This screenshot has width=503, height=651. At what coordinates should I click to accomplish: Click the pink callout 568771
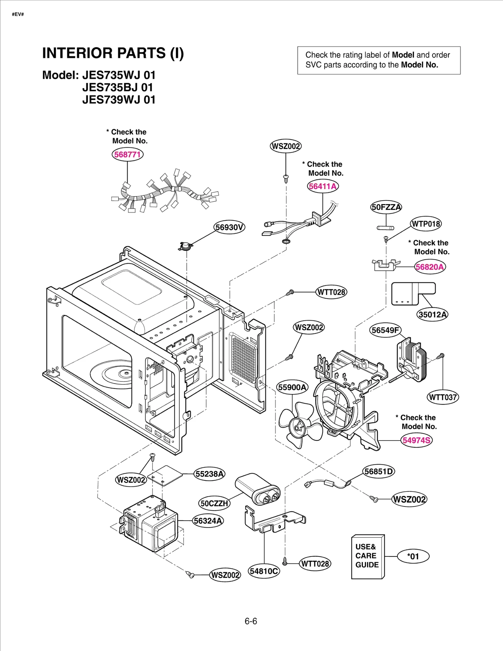click(127, 155)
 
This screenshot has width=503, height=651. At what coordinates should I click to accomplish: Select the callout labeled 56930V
click(229, 227)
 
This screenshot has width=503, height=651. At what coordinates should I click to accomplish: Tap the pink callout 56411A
click(323, 186)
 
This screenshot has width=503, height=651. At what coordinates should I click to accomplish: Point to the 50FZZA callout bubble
click(386, 207)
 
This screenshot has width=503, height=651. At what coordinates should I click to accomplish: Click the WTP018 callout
click(426, 224)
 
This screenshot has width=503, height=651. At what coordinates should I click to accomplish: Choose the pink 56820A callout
click(430, 267)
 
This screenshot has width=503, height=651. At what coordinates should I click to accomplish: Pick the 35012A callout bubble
click(433, 314)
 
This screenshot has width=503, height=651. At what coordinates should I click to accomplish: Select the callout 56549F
click(385, 330)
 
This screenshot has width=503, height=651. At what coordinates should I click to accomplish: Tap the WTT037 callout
click(443, 397)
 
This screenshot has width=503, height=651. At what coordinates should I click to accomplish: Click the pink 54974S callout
click(417, 440)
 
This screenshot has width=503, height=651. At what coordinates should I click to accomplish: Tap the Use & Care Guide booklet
click(368, 557)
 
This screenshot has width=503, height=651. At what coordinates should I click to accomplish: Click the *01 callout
click(413, 556)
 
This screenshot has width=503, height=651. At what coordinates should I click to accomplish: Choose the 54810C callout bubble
click(264, 571)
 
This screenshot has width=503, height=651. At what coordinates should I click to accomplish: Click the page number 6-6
click(251, 621)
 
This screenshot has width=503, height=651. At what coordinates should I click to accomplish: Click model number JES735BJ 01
click(118, 87)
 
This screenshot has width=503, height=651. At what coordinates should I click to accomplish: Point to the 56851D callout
click(379, 472)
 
